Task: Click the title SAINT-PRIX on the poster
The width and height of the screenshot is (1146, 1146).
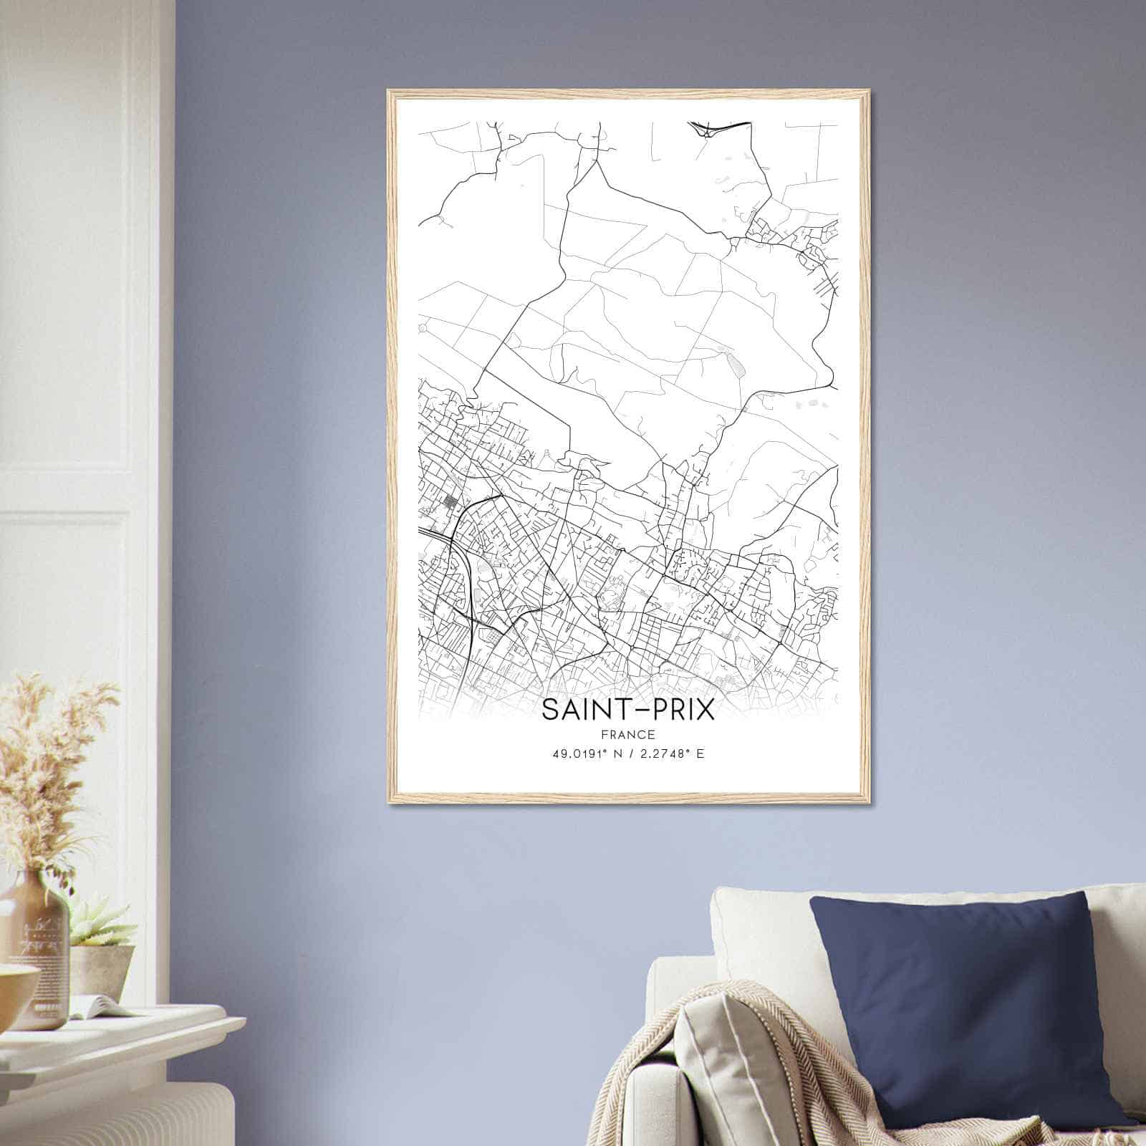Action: (x=627, y=710)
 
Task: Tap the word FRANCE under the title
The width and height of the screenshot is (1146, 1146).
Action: (x=627, y=734)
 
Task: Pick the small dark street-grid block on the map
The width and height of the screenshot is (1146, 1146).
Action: (x=451, y=502)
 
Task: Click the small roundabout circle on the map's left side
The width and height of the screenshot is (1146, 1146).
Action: (x=423, y=328)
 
